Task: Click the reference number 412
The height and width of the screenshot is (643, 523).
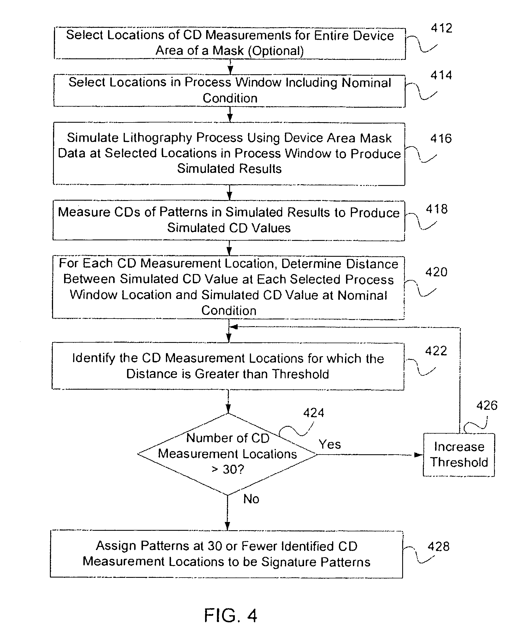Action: [x=441, y=28]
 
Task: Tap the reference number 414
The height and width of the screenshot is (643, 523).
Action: [x=441, y=75]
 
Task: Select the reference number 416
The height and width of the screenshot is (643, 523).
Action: [x=441, y=139]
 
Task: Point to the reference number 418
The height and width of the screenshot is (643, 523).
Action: [x=436, y=209]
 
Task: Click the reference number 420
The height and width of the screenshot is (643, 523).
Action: [x=436, y=272]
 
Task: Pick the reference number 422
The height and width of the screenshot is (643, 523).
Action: [x=436, y=351]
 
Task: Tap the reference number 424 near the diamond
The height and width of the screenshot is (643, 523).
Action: [x=313, y=413]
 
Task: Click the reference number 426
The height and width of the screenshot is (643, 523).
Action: [x=486, y=406]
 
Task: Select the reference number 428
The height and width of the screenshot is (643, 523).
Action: [x=438, y=546]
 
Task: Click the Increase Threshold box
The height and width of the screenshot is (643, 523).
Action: [x=459, y=455]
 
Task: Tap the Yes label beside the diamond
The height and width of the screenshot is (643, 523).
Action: [x=330, y=444]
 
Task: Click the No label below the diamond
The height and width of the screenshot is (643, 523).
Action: [x=251, y=499]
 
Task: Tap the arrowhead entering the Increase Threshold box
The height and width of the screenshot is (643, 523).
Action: [x=418, y=455]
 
